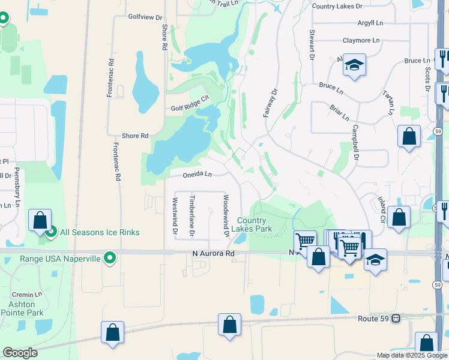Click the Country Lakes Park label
pos(255,225)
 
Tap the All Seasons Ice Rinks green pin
pos(50,232)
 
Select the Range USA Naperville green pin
pos(110,259)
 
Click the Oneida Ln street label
pos(198,175)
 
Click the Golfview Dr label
pos(145,17)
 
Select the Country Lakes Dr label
pos(337,6)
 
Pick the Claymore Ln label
pos(361,41)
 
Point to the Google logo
pos(20,352)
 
